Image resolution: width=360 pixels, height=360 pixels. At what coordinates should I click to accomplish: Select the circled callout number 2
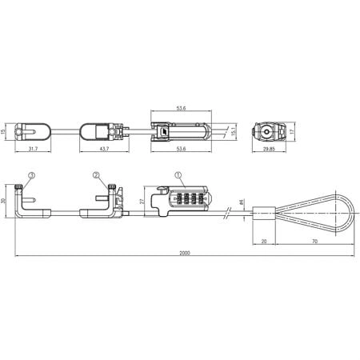pyautogui.click(x=95, y=174)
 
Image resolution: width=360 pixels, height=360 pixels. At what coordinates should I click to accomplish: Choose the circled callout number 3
pyautogui.click(x=30, y=174)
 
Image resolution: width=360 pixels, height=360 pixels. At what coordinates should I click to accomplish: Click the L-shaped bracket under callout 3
pyautogui.click(x=28, y=203)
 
